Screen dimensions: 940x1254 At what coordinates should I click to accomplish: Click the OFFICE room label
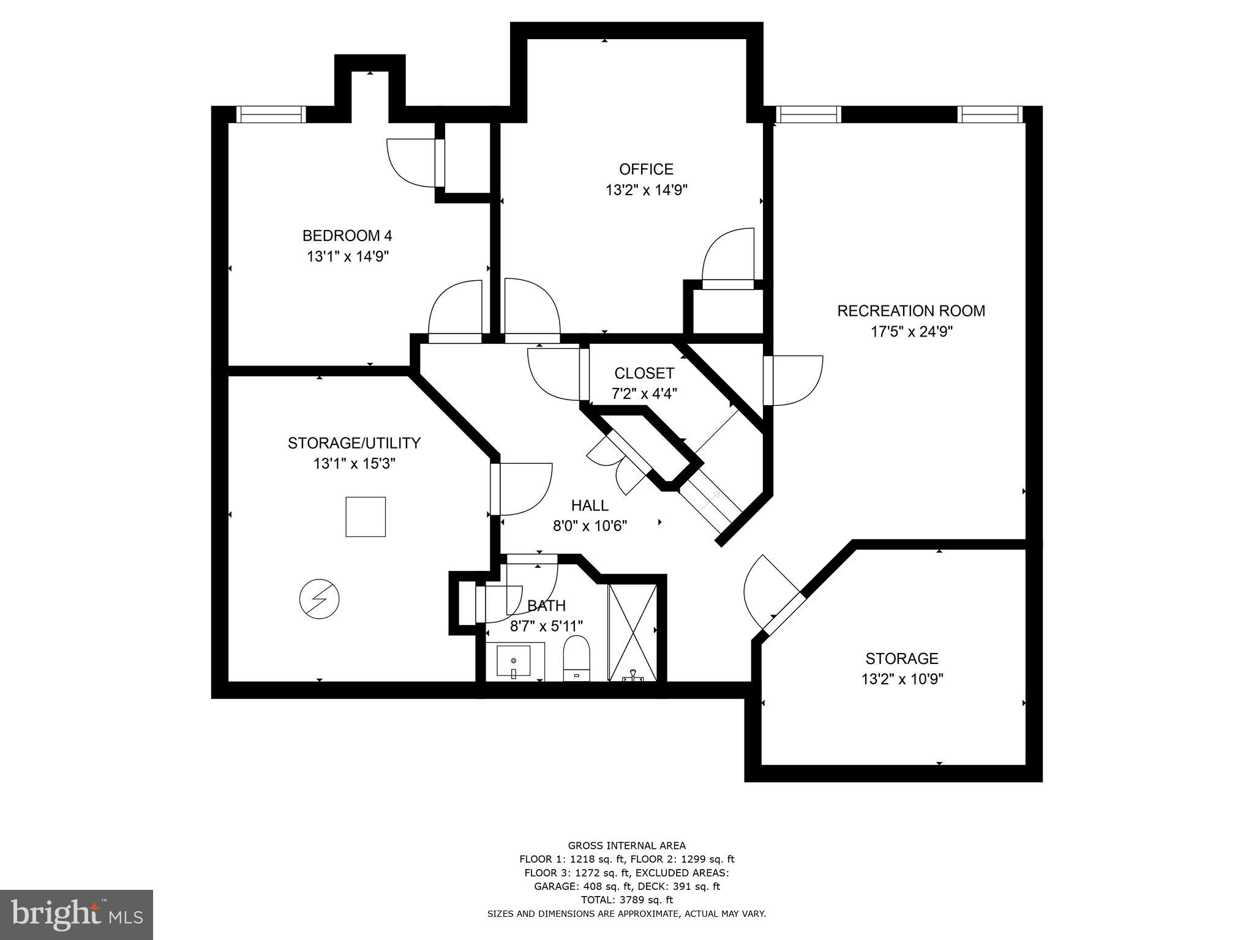pyautogui.click(x=646, y=170)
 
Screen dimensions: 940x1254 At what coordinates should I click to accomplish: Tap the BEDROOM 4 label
pyautogui.click(x=347, y=236)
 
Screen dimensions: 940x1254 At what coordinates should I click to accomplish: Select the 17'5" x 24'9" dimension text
pyautogui.click(x=912, y=332)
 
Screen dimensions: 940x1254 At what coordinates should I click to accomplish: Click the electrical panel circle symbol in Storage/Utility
pyautogui.click(x=319, y=599)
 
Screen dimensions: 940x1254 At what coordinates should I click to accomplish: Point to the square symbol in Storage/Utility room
pyautogui.click(x=366, y=517)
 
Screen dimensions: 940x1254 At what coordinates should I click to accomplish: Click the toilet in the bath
pyautogui.click(x=576, y=658)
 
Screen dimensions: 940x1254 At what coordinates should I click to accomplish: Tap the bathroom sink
pyautogui.click(x=514, y=662)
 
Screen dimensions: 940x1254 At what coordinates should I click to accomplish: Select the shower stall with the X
pyautogui.click(x=633, y=632)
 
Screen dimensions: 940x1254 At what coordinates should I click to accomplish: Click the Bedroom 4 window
pyautogui.click(x=271, y=115)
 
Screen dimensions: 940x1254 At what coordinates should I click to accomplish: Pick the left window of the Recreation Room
pyautogui.click(x=808, y=115)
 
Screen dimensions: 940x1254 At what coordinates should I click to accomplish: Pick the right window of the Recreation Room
pyautogui.click(x=990, y=115)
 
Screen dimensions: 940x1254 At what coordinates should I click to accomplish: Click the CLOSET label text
pyautogui.click(x=644, y=373)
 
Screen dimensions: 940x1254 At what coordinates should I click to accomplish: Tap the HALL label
pyautogui.click(x=590, y=505)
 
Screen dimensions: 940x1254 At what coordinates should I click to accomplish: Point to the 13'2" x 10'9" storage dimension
pyautogui.click(x=902, y=679)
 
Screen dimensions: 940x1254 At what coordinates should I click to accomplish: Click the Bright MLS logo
pyautogui.click(x=77, y=914)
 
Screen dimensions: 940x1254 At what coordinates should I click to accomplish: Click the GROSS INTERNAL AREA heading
pyautogui.click(x=626, y=846)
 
